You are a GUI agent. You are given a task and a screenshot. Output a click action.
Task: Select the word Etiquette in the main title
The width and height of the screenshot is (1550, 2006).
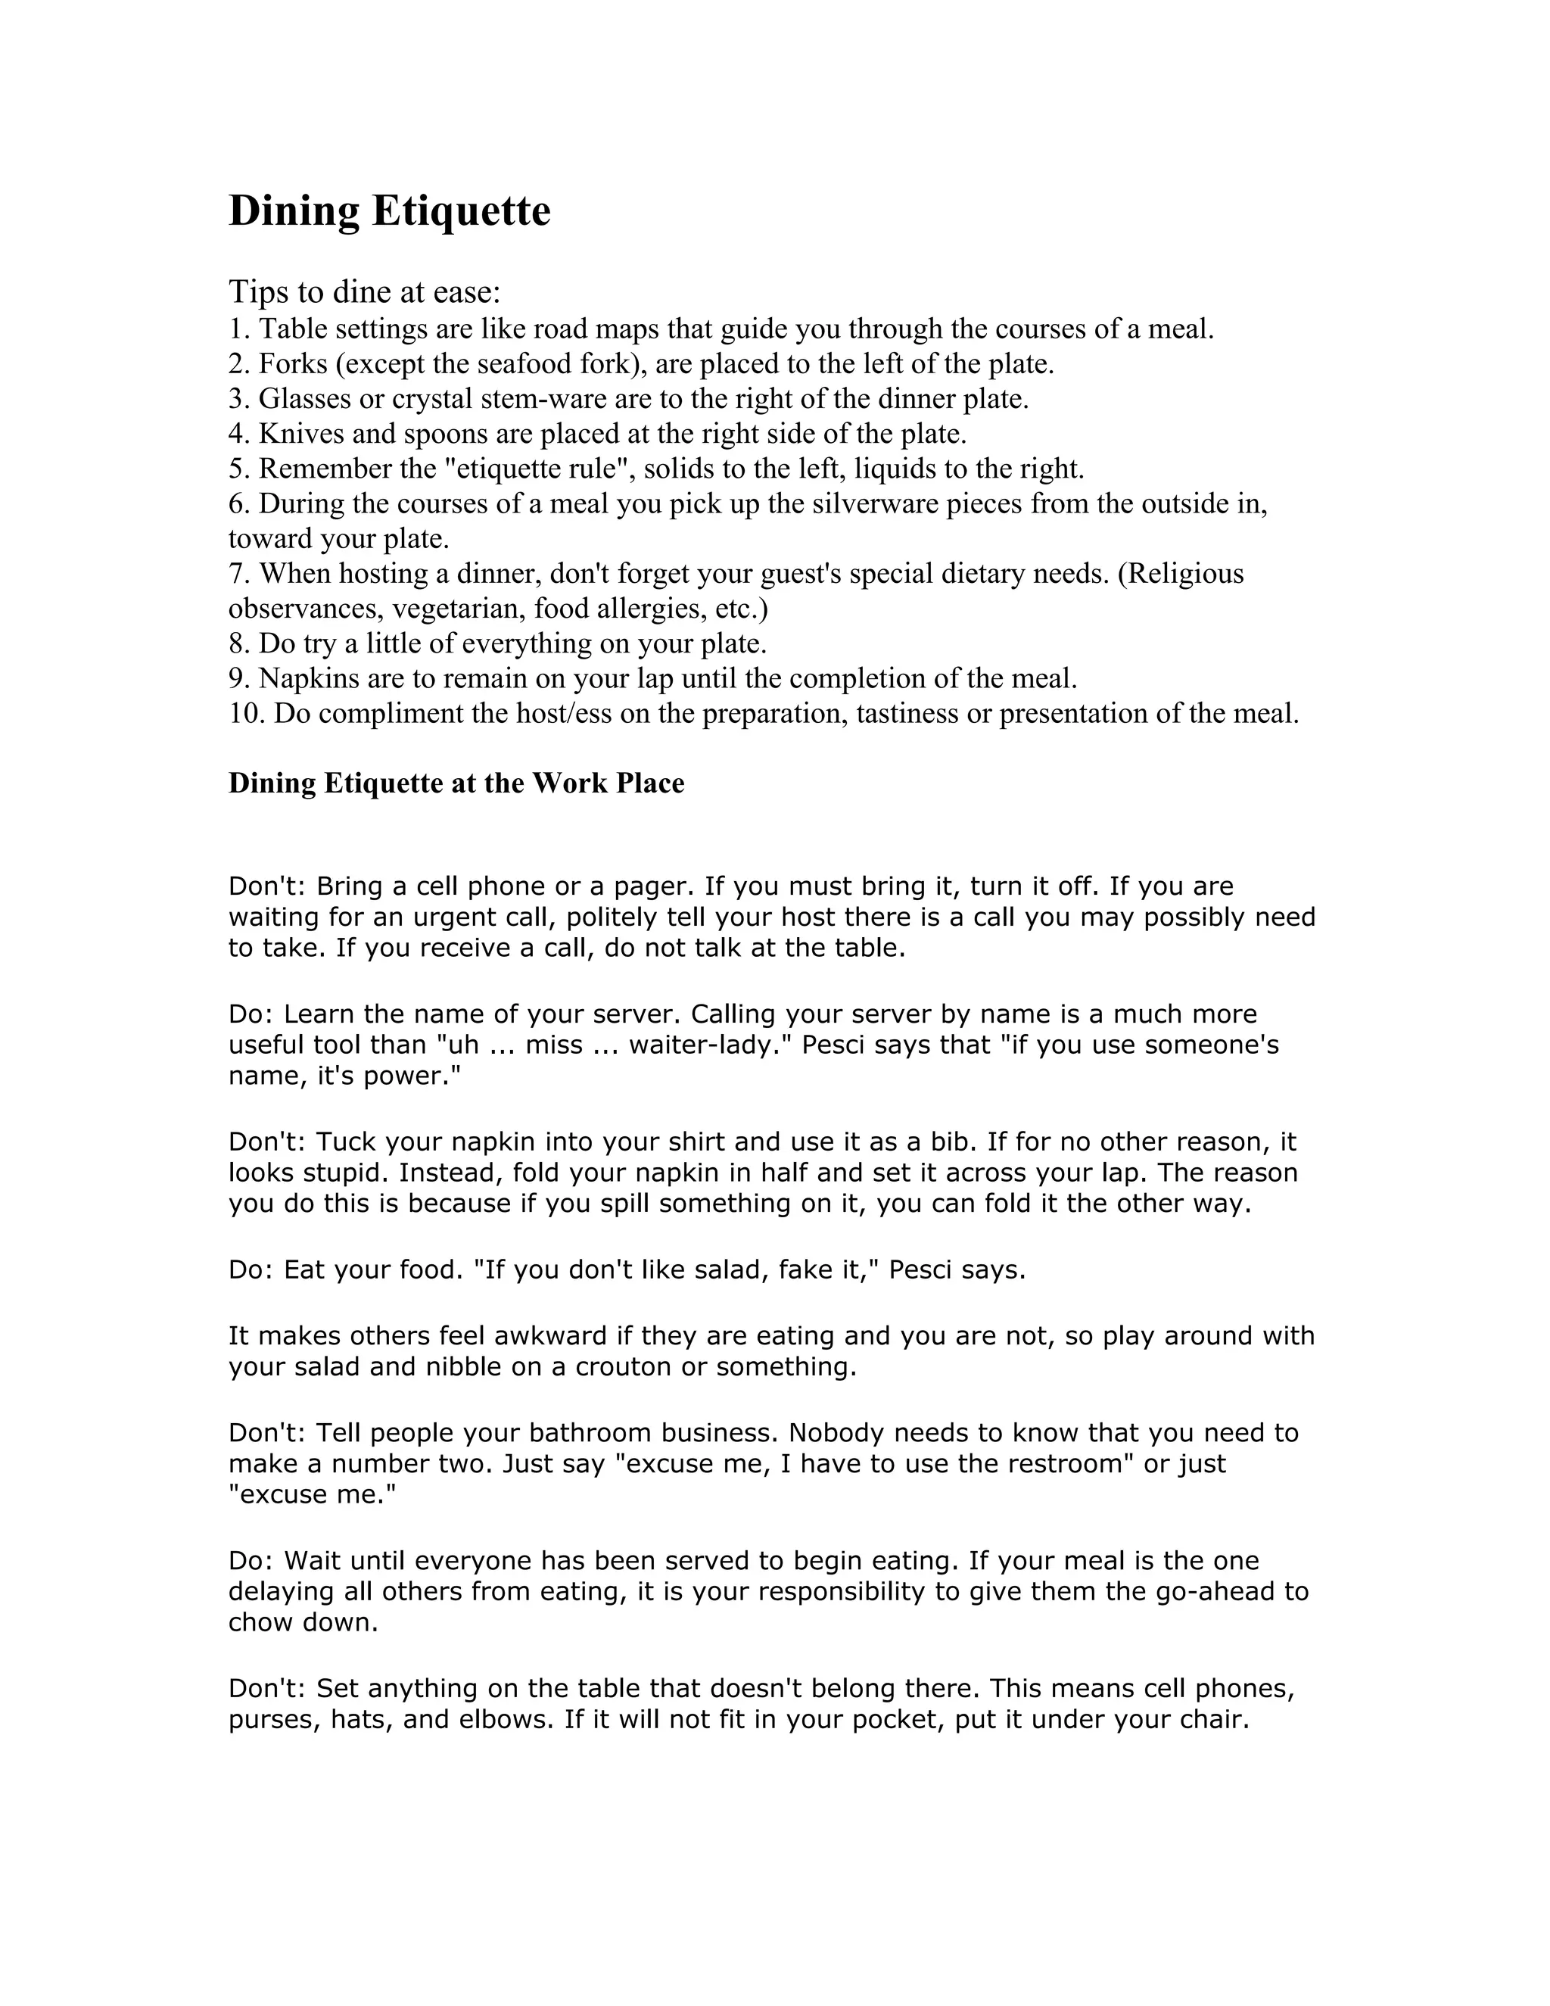coord(461,211)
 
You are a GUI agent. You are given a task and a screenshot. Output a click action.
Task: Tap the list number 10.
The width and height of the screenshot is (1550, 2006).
coord(246,714)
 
